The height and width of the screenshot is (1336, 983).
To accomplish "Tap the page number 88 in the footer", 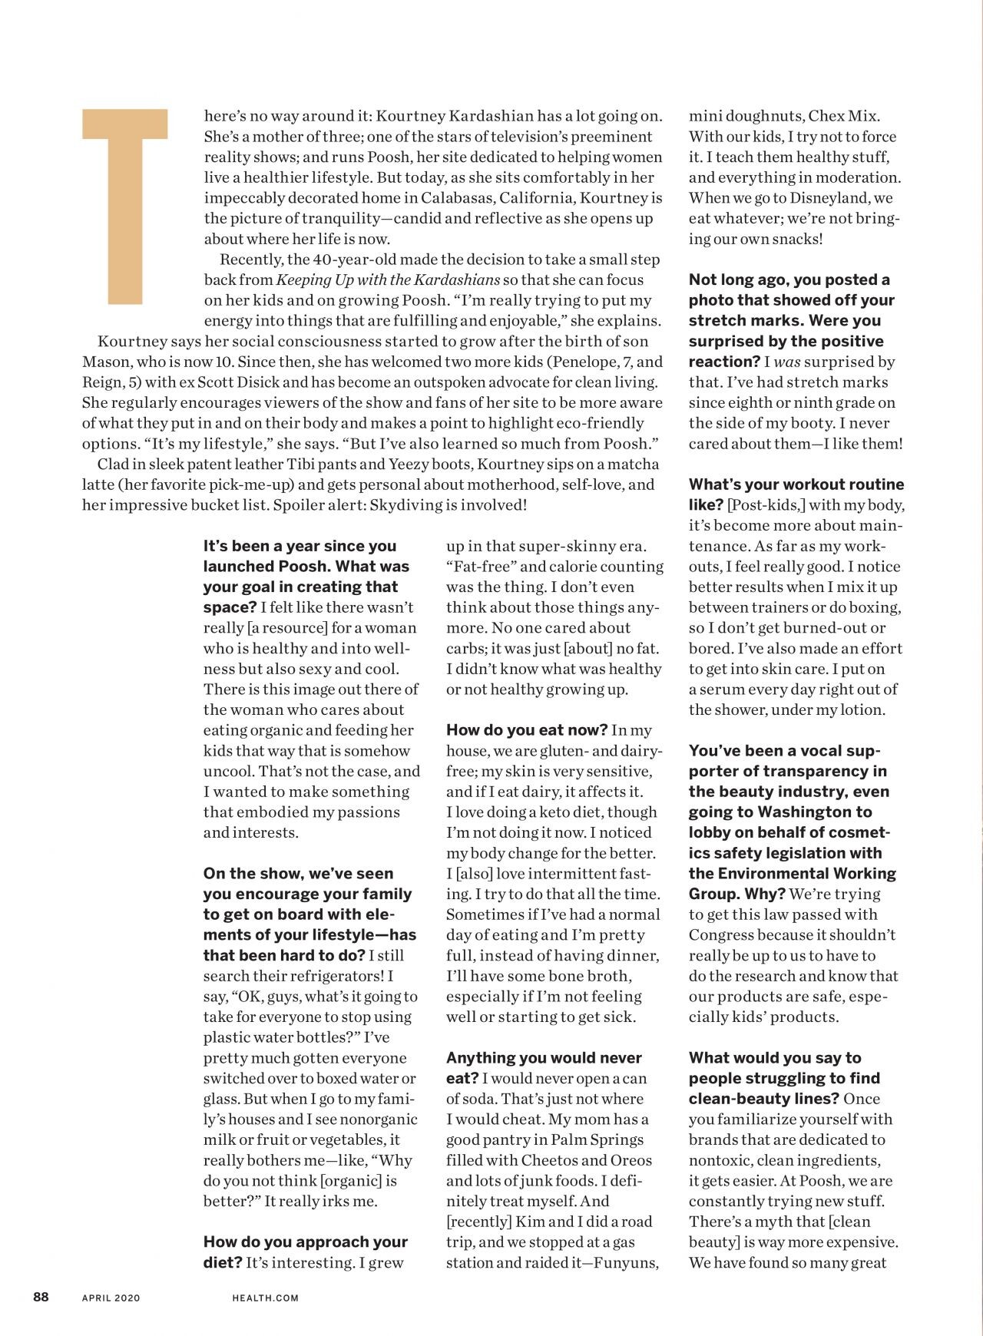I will [41, 1297].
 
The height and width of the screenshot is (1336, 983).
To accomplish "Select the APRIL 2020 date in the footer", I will [111, 1298].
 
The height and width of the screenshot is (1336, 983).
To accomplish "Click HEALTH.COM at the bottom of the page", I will [265, 1298].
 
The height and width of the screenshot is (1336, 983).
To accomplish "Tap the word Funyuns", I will [625, 1262].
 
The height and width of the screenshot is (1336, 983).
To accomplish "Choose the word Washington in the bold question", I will [815, 812].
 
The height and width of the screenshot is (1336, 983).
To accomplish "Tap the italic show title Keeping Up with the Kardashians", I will [388, 280].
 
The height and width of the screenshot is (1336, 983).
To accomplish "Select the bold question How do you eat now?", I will [527, 730].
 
